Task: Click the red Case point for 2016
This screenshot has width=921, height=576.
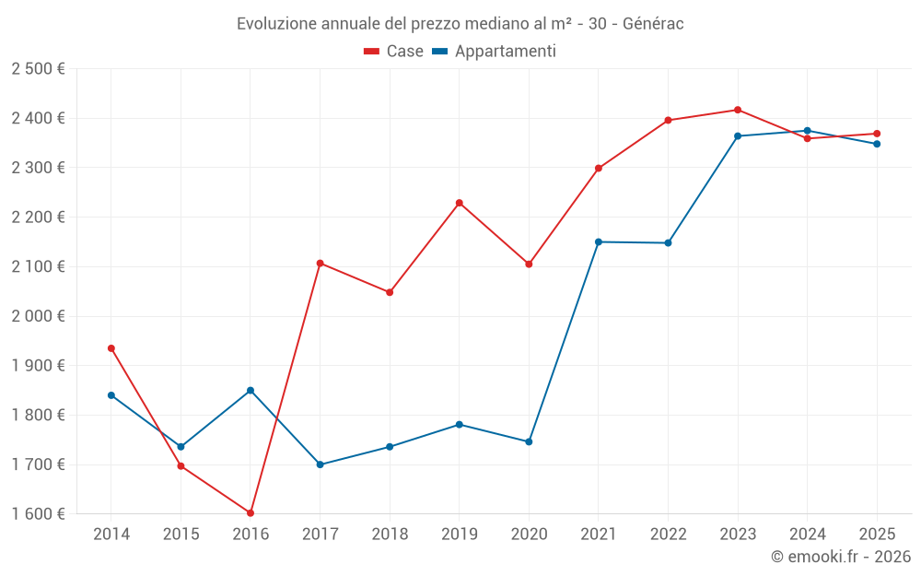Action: click(x=251, y=512)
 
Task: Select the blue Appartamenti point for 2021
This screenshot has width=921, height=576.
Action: click(x=599, y=241)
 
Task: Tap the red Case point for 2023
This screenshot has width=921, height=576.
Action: click(x=738, y=110)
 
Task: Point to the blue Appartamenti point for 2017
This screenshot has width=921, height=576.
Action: click(x=321, y=464)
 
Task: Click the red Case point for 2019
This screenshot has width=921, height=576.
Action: click(x=460, y=203)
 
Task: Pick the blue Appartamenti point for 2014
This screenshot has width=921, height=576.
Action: click(x=111, y=395)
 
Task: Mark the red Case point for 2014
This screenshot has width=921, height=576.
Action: click(x=111, y=348)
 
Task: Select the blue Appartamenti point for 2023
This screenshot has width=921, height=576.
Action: click(x=738, y=136)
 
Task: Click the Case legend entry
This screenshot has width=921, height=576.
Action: click(x=394, y=52)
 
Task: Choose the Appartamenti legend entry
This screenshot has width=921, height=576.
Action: click(x=495, y=52)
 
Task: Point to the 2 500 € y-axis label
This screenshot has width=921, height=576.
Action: click(x=38, y=69)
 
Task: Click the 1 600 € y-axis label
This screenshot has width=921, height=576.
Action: click(x=38, y=514)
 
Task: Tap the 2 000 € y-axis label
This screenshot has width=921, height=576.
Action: click(x=38, y=316)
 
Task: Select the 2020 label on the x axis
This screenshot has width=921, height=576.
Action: click(x=529, y=534)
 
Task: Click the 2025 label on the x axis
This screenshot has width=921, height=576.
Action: click(x=877, y=534)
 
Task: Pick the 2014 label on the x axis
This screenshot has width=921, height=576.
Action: click(x=111, y=534)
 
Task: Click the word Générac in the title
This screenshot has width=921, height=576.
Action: click(x=653, y=23)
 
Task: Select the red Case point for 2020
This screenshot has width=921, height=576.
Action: click(x=529, y=264)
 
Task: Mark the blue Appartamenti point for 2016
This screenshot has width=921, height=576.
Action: click(x=251, y=391)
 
